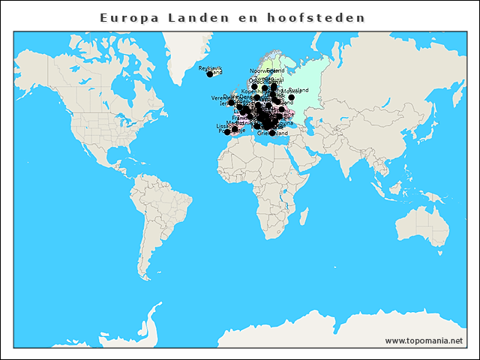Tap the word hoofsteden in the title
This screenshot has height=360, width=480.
(x=316, y=16)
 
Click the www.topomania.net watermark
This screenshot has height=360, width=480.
(x=424, y=340)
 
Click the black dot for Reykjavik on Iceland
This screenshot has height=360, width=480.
(x=210, y=74)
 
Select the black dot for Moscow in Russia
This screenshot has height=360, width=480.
(x=291, y=97)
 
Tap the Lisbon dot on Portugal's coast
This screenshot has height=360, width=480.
(x=227, y=132)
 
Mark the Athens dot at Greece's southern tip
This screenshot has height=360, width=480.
(x=271, y=133)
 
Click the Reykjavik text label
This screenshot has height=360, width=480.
(x=210, y=68)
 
